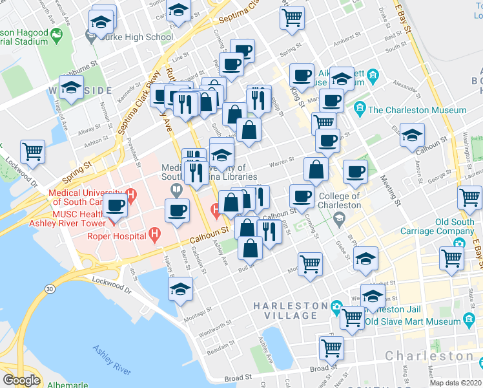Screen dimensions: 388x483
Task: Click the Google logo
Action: pos(21,380)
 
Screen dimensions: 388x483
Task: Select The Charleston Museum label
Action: pos(417,110)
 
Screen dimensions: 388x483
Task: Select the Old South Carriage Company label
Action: pos(446,226)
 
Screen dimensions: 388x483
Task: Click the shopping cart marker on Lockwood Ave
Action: pos(32,152)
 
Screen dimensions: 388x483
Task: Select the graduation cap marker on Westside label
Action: pos(71,87)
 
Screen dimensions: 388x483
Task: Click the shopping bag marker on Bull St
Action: pos(250,247)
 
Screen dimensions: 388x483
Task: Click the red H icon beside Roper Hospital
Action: pos(154,234)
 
